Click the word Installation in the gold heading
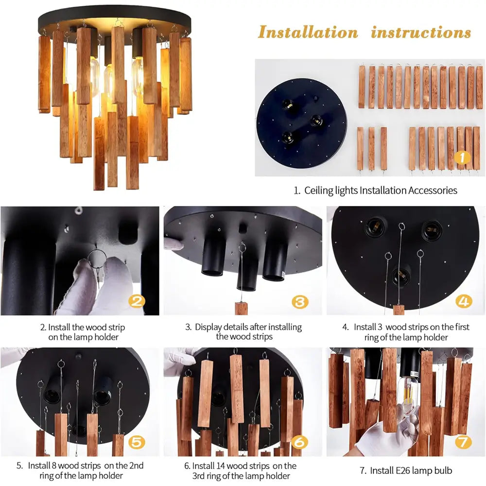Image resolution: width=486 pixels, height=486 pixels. tap(308, 32)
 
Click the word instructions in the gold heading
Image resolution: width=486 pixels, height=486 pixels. tap(421, 32)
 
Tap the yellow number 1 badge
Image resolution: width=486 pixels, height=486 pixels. tap(462, 157)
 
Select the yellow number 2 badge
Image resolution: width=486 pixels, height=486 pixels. tap(137, 301)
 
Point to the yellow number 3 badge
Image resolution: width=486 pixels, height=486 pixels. tap(300, 301)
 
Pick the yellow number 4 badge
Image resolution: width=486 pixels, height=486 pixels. tap(464, 301)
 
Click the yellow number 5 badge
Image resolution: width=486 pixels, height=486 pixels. tap(137, 442)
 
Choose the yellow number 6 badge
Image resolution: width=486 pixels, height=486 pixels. tap(300, 442)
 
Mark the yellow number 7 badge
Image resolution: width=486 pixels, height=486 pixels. tap(464, 442)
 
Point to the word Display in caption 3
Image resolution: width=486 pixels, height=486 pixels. tap(208, 327)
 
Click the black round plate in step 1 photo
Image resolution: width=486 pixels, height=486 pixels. tap(302, 123)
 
